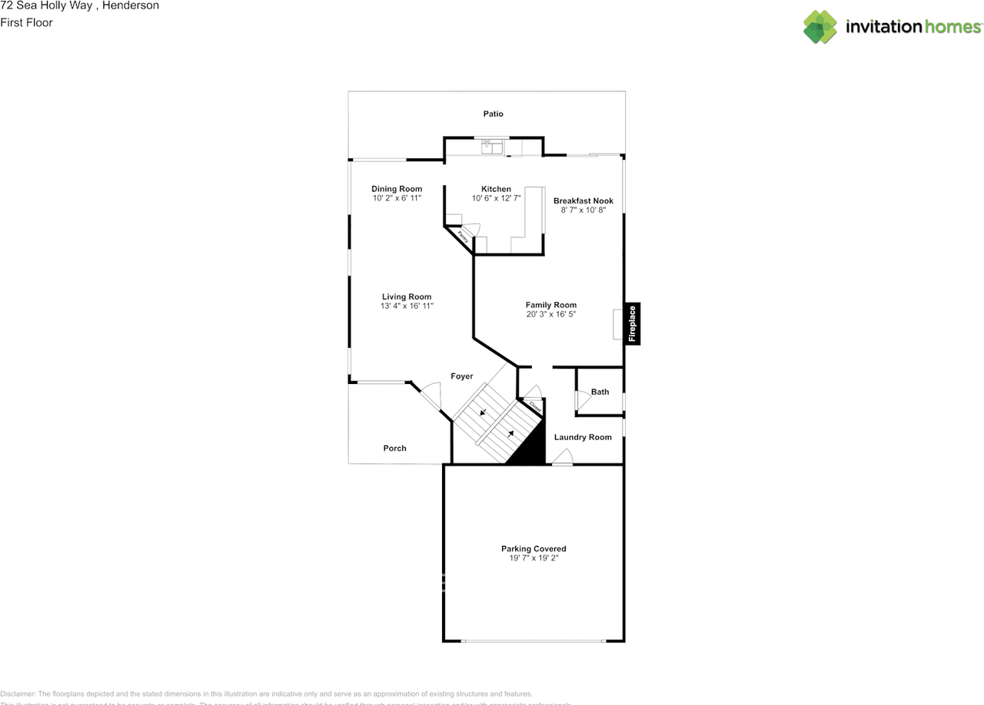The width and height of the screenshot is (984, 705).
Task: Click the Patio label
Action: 493,114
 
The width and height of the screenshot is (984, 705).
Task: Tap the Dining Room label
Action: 397,189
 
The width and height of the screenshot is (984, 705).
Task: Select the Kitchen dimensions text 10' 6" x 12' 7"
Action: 496,198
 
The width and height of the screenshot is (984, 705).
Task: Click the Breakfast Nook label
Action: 583,200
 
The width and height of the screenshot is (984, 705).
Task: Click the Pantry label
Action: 463,237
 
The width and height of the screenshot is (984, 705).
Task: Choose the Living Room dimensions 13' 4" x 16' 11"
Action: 407,306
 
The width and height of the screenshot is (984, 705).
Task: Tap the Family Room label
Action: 550,305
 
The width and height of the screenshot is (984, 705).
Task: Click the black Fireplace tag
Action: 632,323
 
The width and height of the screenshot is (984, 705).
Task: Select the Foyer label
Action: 461,376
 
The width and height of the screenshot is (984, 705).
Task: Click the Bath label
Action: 600,392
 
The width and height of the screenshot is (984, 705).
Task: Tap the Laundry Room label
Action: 583,437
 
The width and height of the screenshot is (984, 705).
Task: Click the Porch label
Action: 394,448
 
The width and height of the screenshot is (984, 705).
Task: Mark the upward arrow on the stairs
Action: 510,434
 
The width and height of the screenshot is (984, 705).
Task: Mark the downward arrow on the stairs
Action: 483,412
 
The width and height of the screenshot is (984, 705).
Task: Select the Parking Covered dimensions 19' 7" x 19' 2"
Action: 534,558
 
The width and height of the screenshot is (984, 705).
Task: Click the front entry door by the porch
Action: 429,396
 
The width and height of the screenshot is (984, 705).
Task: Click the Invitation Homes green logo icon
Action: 820,27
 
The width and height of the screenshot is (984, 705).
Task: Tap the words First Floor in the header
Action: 26,22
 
